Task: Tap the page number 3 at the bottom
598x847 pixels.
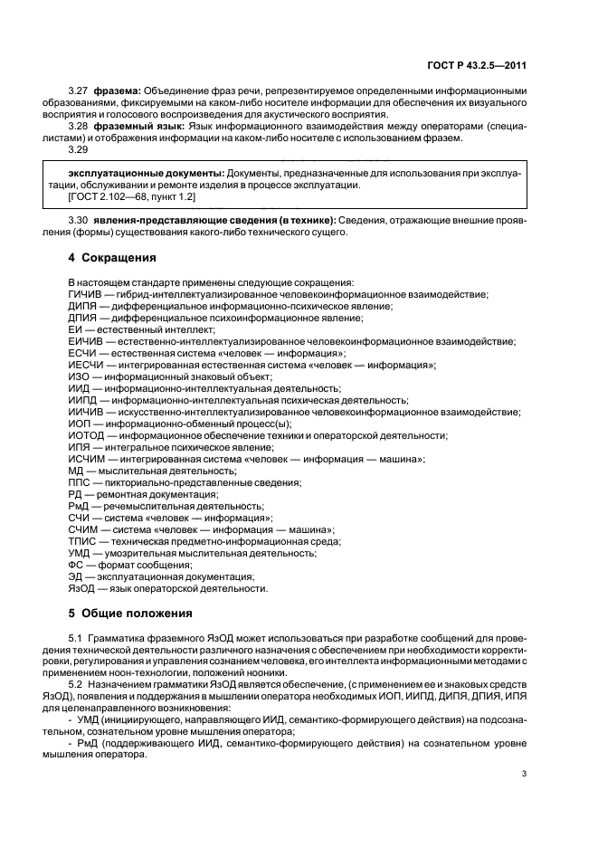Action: (x=524, y=773)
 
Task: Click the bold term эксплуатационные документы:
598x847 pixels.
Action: (x=146, y=172)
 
